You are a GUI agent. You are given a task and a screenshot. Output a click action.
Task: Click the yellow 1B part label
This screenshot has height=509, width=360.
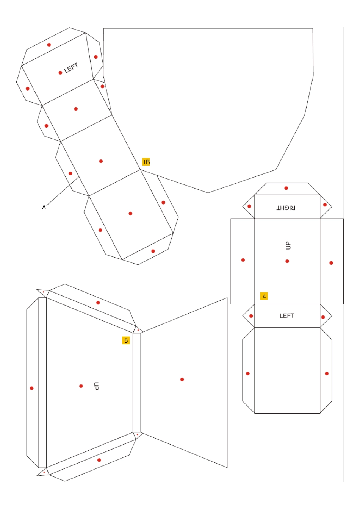pyautogui.click(x=146, y=162)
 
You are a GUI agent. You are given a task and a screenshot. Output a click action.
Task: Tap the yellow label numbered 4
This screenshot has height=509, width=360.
pyautogui.click(x=264, y=296)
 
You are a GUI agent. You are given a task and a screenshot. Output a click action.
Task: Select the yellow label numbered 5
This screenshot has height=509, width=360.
pyautogui.click(x=126, y=340)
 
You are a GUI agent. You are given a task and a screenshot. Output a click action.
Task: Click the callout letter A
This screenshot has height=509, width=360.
pyautogui.click(x=44, y=207)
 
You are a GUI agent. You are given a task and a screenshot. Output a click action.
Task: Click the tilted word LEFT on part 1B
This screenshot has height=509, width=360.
pyautogui.click(x=71, y=68)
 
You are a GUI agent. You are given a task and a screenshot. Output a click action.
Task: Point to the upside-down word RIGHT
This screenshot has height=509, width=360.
pyautogui.click(x=286, y=208)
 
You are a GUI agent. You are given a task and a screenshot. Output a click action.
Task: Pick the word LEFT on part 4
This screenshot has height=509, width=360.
pyautogui.click(x=287, y=315)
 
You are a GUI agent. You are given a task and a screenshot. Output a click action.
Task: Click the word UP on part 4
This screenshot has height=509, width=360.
pyautogui.click(x=288, y=245)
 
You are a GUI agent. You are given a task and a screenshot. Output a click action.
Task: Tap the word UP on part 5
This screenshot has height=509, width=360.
pyautogui.click(x=96, y=386)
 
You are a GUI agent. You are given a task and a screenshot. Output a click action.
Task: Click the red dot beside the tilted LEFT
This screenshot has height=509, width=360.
pyautogui.click(x=60, y=73)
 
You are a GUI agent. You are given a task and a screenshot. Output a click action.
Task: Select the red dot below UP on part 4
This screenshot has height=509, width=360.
pyautogui.click(x=287, y=261)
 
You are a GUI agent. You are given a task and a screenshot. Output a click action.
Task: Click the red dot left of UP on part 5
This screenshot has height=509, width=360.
pyautogui.click(x=81, y=386)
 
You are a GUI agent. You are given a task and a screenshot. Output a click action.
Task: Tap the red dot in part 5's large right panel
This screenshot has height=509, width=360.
pyautogui.click(x=182, y=379)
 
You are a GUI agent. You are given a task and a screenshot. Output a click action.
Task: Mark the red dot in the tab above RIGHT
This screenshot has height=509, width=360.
pyautogui.click(x=286, y=188)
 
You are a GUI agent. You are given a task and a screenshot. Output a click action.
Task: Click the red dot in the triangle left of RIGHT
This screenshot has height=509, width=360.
pyautogui.click(x=249, y=206)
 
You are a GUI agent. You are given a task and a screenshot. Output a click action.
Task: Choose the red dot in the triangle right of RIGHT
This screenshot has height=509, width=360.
pyautogui.click(x=325, y=205)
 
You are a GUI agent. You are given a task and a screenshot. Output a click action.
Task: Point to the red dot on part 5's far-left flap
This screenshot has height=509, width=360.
pyautogui.click(x=31, y=388)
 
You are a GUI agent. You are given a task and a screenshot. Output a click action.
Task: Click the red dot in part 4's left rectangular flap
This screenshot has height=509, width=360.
pyautogui.click(x=243, y=260)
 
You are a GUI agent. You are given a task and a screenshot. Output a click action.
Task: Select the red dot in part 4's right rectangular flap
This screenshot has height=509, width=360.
pyautogui.click(x=331, y=263)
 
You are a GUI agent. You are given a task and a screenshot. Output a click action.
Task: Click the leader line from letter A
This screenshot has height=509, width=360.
pyautogui.click(x=63, y=191)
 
